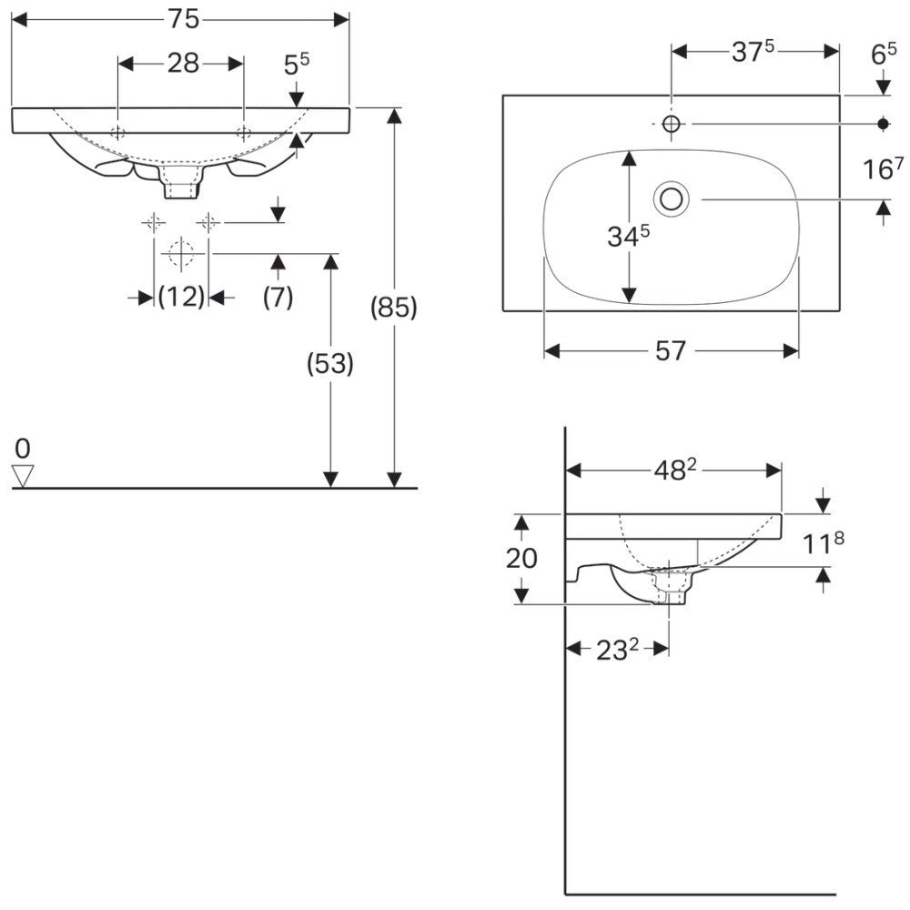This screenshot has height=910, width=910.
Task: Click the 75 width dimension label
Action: click(184, 20)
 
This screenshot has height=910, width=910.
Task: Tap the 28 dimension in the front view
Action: click(184, 64)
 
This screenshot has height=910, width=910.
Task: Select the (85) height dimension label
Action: click(394, 307)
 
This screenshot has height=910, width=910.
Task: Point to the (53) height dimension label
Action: click(330, 363)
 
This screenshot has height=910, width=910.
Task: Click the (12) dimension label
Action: click(182, 297)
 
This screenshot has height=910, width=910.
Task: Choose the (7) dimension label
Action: click(278, 298)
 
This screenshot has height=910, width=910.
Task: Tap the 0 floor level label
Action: click(23, 449)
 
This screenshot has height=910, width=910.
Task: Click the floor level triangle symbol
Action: click(24, 475)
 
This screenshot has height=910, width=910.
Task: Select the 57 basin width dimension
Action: click(671, 351)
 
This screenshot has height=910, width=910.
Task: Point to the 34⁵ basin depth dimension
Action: click(628, 236)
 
